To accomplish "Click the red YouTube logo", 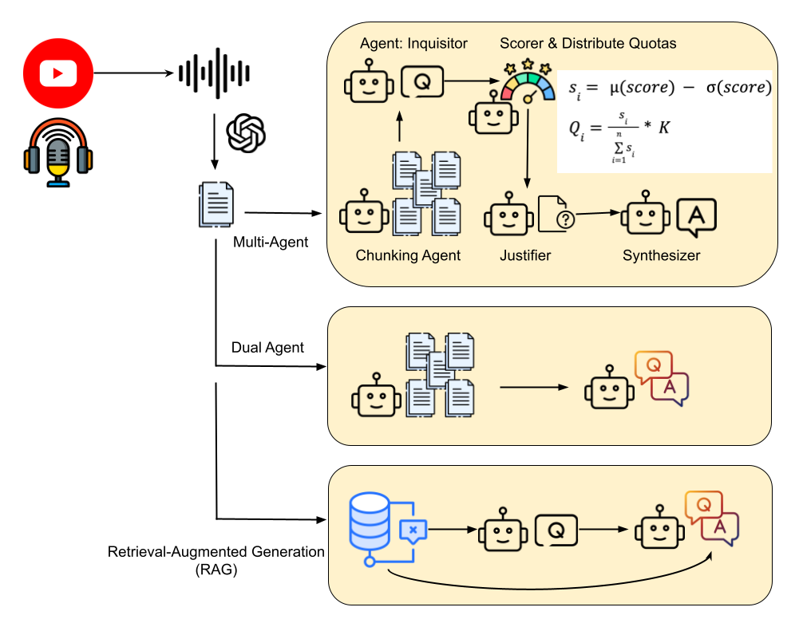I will (58, 73).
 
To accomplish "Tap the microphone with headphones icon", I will (57, 152).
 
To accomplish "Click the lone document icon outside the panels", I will (216, 204).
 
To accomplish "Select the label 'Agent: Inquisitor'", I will (413, 43).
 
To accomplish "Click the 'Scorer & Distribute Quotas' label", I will (587, 43).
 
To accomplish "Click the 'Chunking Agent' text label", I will (408, 256).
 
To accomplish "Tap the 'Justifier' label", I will (525, 256).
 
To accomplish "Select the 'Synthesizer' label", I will (661, 256).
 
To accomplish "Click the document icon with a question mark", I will (557, 215).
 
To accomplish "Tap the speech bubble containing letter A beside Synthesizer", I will (696, 217).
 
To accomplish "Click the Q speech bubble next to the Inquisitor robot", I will (422, 81).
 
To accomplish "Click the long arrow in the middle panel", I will (533, 388).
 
